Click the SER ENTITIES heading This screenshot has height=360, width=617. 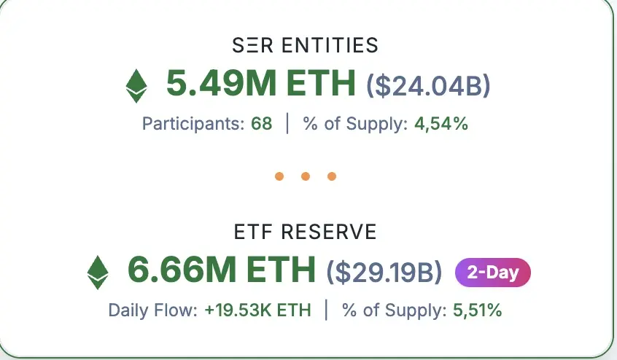click(x=306, y=46)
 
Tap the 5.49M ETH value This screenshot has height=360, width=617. click(x=260, y=85)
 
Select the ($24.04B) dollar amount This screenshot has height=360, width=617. click(x=428, y=85)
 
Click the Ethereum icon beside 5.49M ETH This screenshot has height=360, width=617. click(x=136, y=85)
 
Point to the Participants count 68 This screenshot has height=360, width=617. click(x=261, y=124)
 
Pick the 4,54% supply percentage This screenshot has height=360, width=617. click(x=441, y=124)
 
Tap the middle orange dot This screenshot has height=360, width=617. click(x=306, y=176)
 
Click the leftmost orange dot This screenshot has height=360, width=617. click(x=279, y=176)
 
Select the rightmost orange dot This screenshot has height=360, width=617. click(x=332, y=176)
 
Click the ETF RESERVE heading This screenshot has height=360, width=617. click(x=306, y=232)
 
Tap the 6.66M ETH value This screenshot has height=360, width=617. click(x=222, y=271)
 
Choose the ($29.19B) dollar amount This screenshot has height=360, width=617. click(x=384, y=272)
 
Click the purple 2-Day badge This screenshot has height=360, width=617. click(x=493, y=273)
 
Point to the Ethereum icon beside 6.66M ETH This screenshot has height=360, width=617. click(x=98, y=272)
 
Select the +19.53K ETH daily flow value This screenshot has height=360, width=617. click(x=257, y=310)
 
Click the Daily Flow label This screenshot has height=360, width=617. click(x=152, y=310)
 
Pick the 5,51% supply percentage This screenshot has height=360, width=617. click(x=477, y=310)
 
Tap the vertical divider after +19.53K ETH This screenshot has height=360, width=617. click(x=326, y=310)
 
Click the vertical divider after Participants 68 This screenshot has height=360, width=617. click(x=287, y=124)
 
